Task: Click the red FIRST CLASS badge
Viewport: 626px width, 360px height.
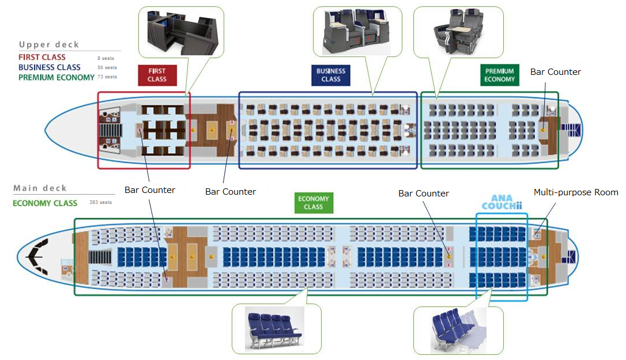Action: (157, 75)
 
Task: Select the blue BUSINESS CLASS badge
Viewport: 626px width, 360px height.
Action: (331, 75)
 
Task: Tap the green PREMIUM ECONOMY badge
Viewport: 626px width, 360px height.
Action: (499, 75)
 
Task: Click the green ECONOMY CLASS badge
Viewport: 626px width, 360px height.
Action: (313, 203)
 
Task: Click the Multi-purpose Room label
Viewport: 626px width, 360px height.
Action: (575, 192)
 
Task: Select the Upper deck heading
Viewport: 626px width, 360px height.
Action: (49, 44)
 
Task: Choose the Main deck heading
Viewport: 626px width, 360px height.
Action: (40, 188)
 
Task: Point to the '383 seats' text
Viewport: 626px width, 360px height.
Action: (100, 203)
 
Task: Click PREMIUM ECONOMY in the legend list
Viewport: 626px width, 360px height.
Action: (56, 77)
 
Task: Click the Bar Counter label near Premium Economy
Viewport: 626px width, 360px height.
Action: (556, 72)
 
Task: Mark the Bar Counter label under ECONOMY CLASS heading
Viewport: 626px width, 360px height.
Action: (423, 194)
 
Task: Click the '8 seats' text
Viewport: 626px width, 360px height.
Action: (106, 58)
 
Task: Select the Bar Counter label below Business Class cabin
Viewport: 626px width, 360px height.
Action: (231, 191)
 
